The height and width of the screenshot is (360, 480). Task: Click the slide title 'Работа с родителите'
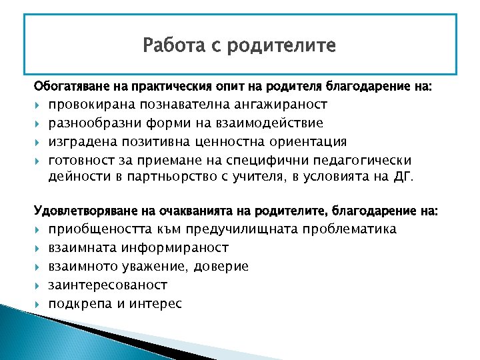[x=239, y=47]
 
